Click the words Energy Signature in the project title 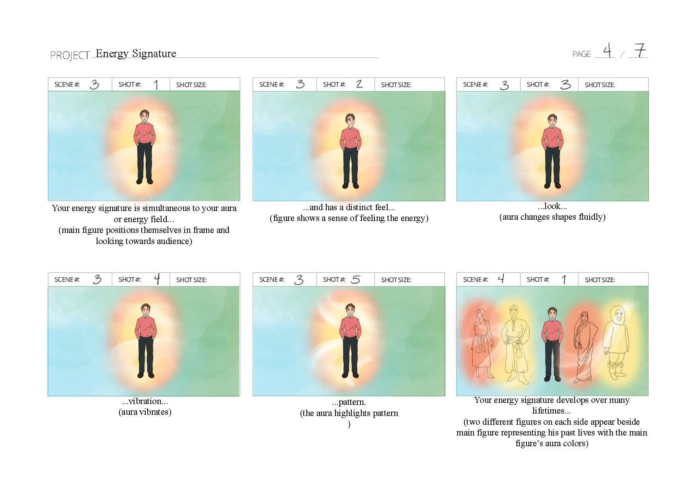136,53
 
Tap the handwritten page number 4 607,51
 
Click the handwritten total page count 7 640,51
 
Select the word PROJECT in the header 70,55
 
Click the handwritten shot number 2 359,84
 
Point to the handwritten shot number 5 356,279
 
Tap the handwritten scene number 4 501,279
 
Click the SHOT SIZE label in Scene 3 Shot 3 600,85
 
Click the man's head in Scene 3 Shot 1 145,116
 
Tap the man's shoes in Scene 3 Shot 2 351,185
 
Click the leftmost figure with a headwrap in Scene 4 482,342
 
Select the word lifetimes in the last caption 551,411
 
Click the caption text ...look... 552,206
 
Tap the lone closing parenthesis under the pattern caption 349,424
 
